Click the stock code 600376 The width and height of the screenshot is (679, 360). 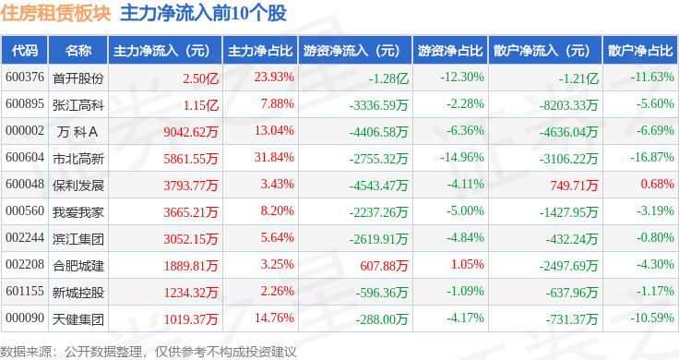(25, 78)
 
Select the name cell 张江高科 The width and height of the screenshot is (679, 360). (78, 105)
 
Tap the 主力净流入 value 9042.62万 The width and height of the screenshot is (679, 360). (191, 132)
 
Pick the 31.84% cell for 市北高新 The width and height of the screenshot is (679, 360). (274, 157)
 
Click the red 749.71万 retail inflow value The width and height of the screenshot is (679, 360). (574, 186)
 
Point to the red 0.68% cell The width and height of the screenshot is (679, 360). (658, 184)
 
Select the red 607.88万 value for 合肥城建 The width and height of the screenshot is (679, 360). (384, 266)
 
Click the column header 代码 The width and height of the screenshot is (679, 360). (25, 50)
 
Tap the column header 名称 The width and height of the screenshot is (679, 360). (78, 50)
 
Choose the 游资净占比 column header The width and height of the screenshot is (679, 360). (450, 50)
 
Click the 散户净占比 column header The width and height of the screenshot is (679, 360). (640, 50)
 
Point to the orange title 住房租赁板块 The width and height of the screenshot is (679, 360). (56, 13)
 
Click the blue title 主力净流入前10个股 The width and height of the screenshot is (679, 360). (204, 13)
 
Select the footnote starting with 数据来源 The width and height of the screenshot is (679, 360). (149, 352)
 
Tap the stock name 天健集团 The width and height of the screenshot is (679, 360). (78, 319)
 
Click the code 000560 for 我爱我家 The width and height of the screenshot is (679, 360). (25, 211)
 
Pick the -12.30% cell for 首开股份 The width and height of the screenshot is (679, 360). (462, 78)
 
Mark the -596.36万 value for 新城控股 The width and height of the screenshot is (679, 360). (382, 293)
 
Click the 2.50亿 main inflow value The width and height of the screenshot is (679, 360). (200, 78)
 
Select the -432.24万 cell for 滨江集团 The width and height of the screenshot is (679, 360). (572, 239)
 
